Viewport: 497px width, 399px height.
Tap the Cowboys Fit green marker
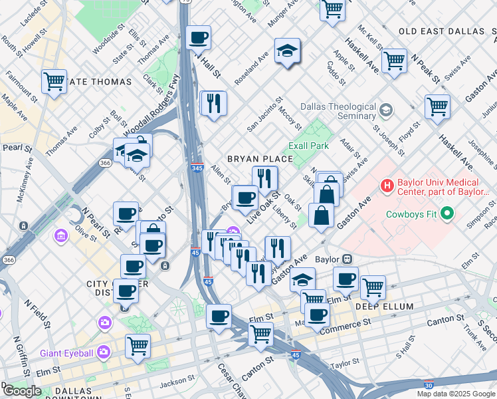point(447,213)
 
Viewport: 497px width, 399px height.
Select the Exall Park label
point(309,146)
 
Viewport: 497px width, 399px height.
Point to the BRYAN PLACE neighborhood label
point(260,159)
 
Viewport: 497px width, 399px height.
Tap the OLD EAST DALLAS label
point(441,31)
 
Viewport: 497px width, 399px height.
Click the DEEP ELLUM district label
point(384,307)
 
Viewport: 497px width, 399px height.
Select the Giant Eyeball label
point(69,352)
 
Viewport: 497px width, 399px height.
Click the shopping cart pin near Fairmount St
point(54,82)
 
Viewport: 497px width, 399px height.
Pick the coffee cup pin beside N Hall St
point(198,38)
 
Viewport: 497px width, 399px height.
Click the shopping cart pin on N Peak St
point(394,61)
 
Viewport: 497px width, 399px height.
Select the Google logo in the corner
point(22,391)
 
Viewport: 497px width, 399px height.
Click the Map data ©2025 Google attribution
point(456,394)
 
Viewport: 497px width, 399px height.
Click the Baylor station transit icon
point(346,259)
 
